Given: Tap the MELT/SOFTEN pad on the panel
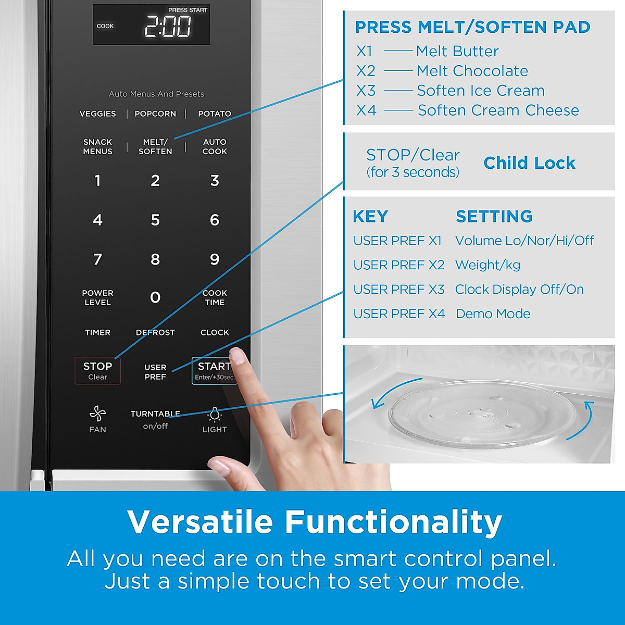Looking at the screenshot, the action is (x=155, y=146).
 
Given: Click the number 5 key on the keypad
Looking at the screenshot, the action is (x=155, y=220).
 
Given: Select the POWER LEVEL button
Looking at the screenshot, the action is (x=97, y=297).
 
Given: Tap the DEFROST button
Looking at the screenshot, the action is (x=155, y=332).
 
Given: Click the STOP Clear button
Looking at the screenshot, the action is (x=97, y=370).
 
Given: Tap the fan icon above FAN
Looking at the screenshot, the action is (x=97, y=413).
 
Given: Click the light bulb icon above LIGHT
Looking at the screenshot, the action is (x=215, y=415).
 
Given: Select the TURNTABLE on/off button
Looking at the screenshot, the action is (x=155, y=420).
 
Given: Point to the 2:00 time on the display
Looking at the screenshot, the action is (x=168, y=26).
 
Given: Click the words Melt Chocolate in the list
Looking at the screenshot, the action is (x=472, y=71).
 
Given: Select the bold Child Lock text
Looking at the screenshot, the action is (x=529, y=163).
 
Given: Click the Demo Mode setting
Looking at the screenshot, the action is (x=493, y=314).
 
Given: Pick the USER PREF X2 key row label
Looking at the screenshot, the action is (x=398, y=265).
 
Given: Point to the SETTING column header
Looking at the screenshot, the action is (x=494, y=216).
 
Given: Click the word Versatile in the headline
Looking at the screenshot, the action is (x=200, y=522).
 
